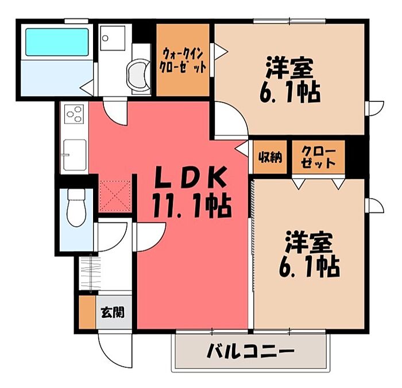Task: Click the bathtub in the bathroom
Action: [57, 42]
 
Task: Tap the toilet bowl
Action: [76, 208]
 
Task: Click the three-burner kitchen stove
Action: [74, 114]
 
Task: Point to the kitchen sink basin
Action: [75, 155]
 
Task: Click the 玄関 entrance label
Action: [113, 313]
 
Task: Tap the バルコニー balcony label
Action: [250, 351]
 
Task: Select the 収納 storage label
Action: [270, 157]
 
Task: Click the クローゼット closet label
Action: [318, 157]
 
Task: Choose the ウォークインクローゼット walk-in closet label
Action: [183, 61]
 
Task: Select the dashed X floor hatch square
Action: [115, 196]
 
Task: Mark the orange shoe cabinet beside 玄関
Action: [87, 312]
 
